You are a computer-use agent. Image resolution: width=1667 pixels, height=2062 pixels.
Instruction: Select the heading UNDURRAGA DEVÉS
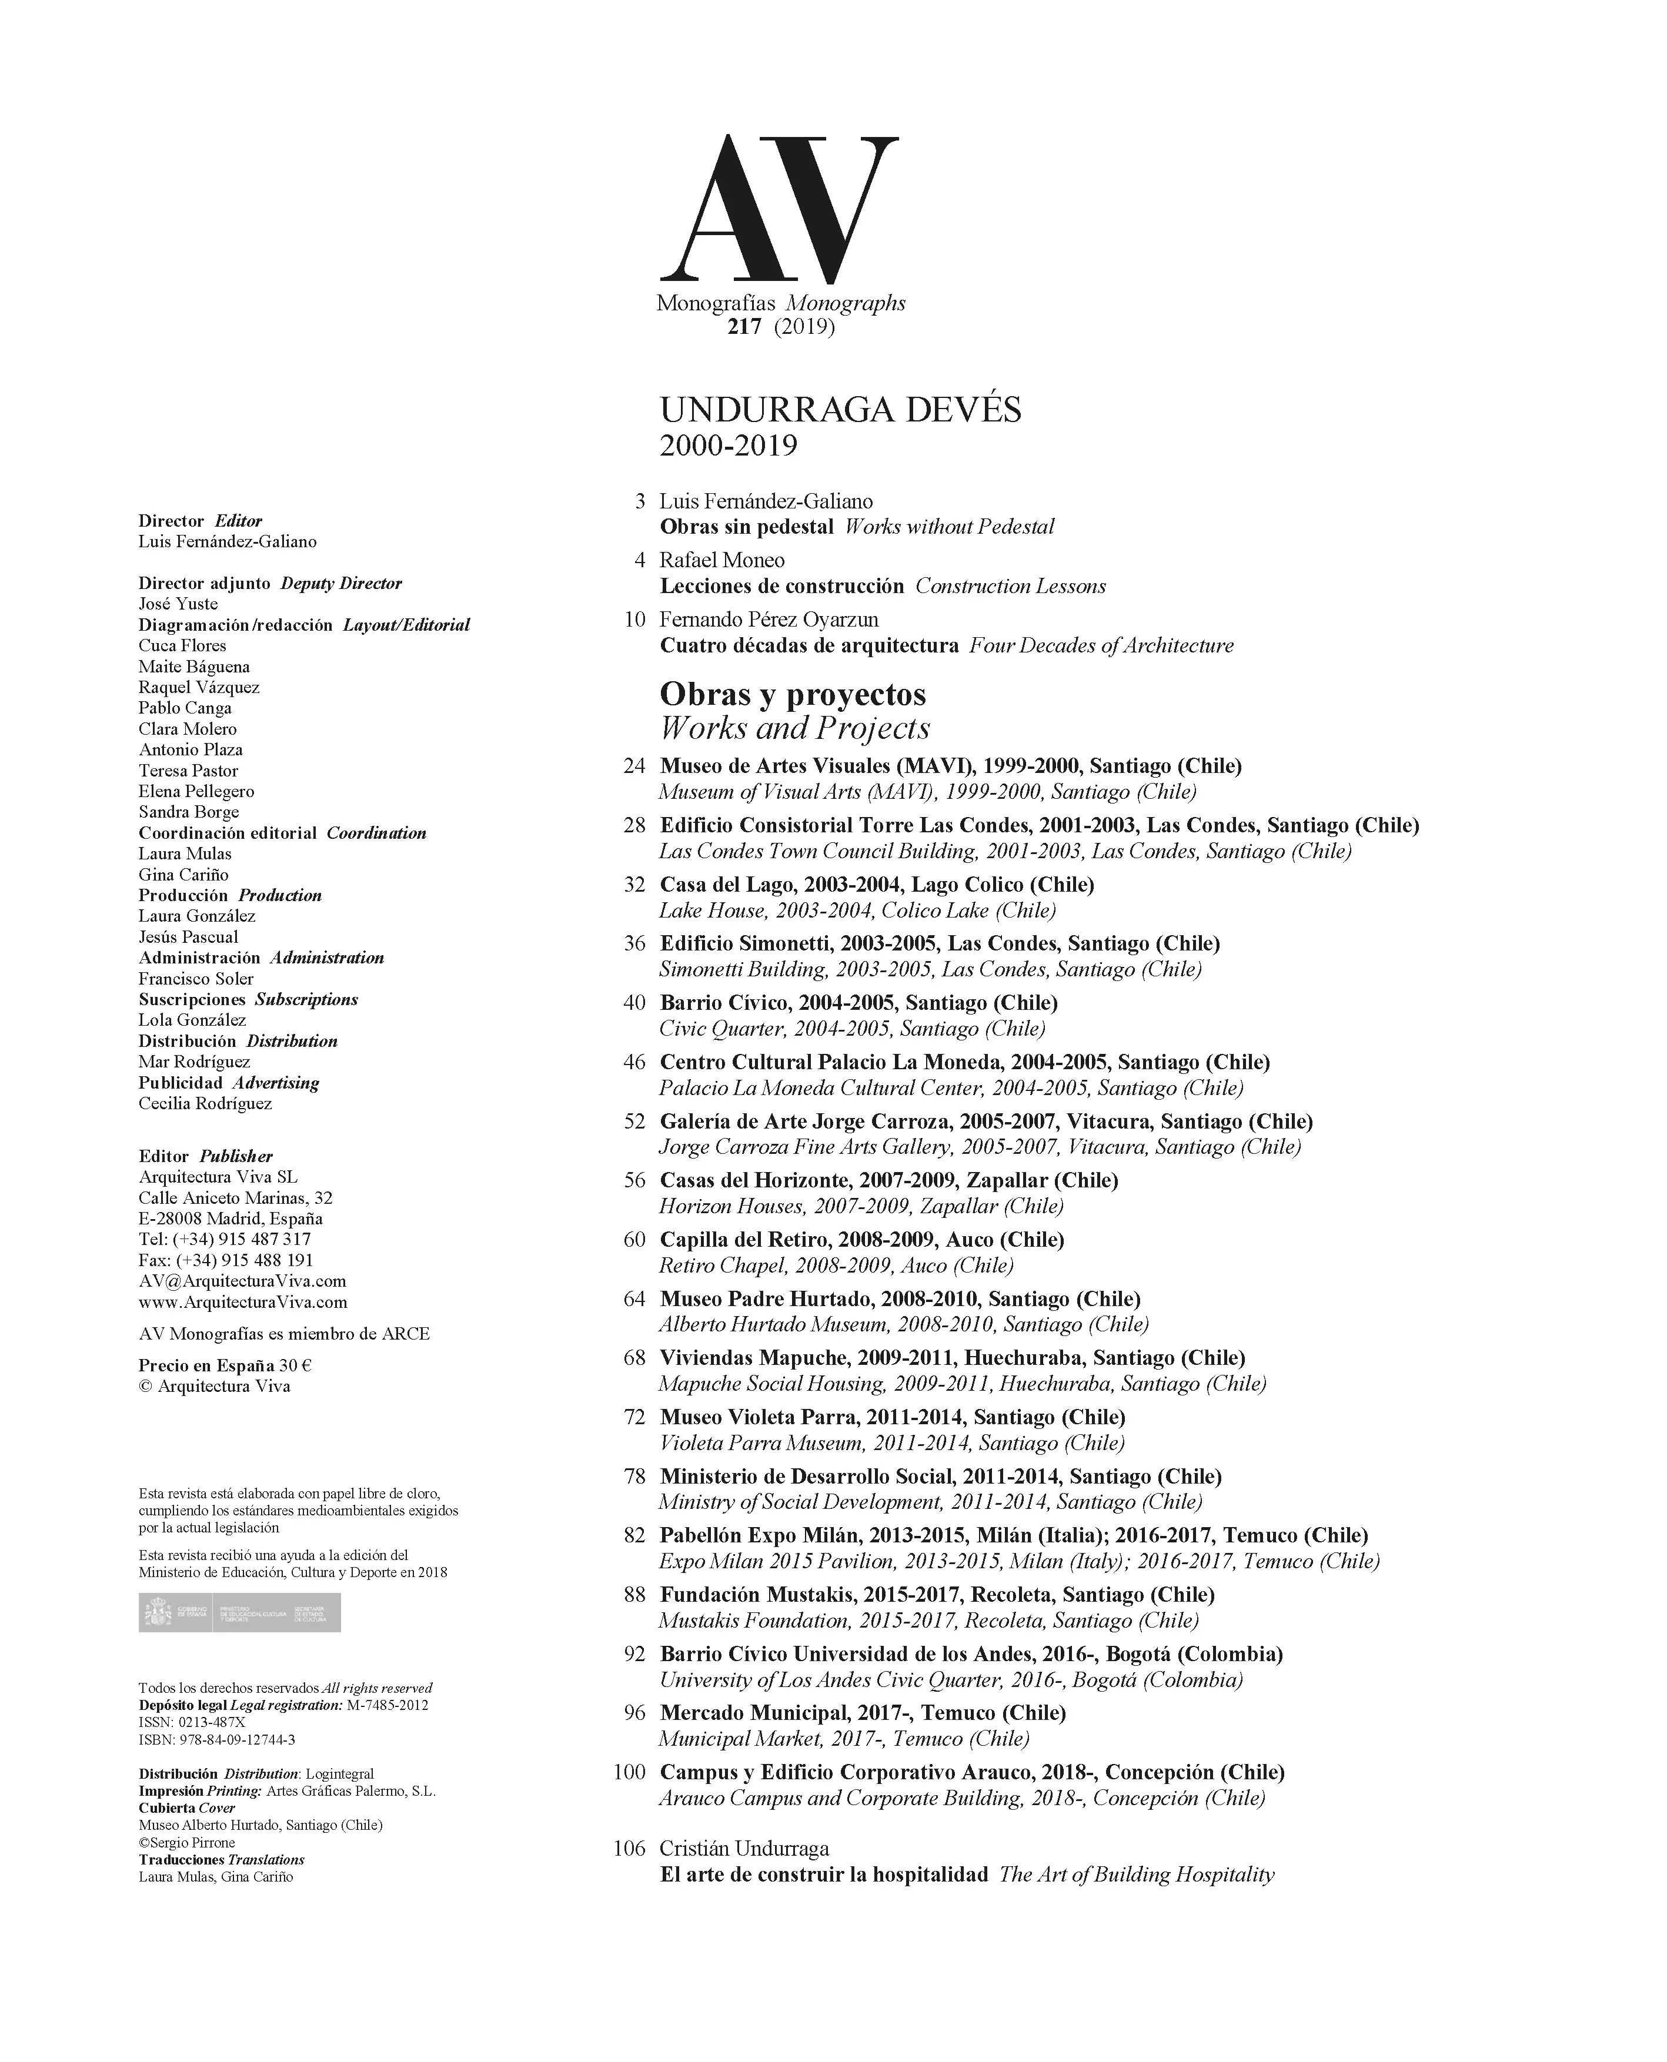click(x=840, y=410)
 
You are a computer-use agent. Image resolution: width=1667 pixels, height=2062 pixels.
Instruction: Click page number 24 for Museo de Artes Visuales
click(x=634, y=766)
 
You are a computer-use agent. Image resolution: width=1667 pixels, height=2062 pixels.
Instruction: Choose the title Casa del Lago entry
click(x=877, y=884)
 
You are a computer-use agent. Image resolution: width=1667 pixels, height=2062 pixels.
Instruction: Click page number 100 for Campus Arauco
click(x=629, y=1772)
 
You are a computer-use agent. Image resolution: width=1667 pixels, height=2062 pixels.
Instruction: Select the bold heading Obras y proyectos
click(x=792, y=694)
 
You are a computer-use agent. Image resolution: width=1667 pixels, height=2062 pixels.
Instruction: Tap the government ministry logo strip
click(x=239, y=1612)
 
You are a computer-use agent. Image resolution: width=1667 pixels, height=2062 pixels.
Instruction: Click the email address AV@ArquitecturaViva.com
click(x=242, y=1281)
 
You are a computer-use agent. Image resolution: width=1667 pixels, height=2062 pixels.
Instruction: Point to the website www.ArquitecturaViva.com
click(x=243, y=1302)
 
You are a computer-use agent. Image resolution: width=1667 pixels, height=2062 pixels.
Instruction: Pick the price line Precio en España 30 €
click(x=225, y=1365)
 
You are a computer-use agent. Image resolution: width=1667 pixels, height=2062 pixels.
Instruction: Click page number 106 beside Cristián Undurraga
click(x=629, y=1848)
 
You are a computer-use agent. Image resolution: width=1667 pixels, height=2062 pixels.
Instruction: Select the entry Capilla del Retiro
click(x=861, y=1239)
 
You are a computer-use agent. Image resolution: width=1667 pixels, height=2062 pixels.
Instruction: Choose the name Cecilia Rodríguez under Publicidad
click(x=205, y=1103)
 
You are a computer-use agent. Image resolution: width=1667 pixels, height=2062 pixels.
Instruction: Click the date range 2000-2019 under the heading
click(x=728, y=446)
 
